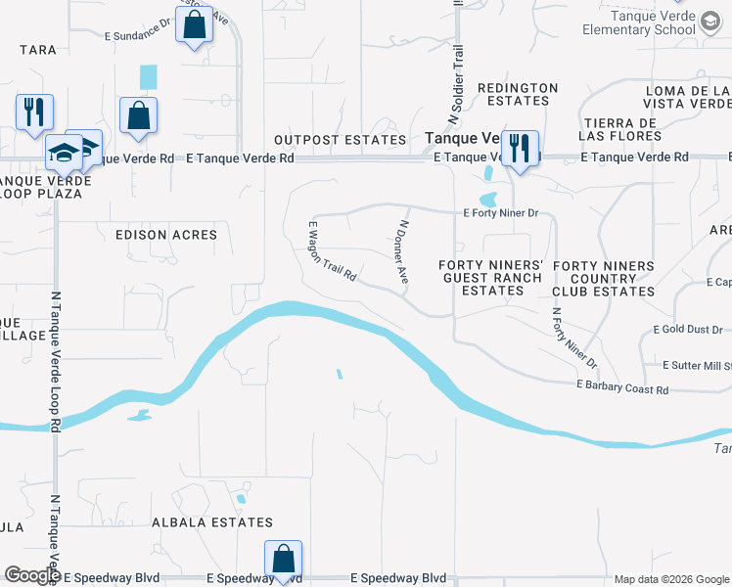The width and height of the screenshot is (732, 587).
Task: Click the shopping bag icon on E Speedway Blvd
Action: tap(283, 560)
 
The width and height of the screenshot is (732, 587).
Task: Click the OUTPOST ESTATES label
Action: tap(340, 141)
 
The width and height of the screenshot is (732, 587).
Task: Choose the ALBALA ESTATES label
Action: tap(212, 522)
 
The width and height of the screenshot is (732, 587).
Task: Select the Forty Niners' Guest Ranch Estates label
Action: tap(489, 278)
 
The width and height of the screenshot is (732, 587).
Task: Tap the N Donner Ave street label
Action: tap(401, 251)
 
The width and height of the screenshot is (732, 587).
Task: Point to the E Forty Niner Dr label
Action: tap(501, 212)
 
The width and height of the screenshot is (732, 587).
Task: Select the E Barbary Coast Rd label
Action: tap(622, 388)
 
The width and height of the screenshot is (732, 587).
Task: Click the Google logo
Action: tap(32, 574)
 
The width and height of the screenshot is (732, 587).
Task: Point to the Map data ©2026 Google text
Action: tap(670, 579)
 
